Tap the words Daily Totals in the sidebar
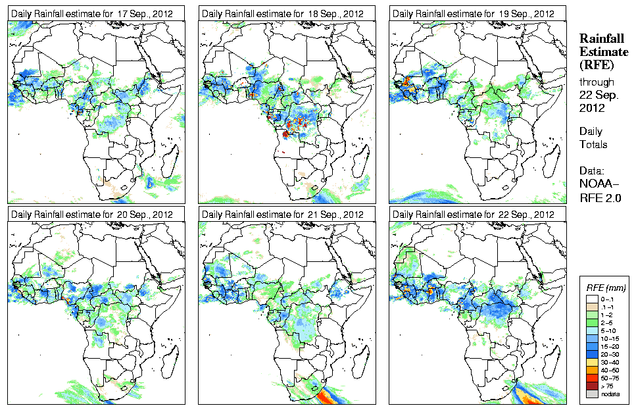pos(593,138)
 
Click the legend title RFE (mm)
pos(606,288)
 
